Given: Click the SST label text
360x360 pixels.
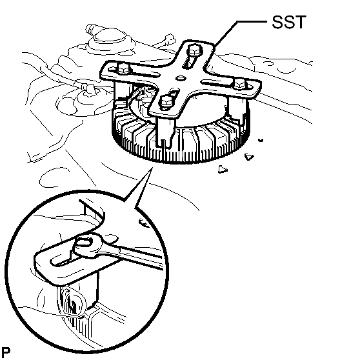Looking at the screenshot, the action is (x=289, y=22).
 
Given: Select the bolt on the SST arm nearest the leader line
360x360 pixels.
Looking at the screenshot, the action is (x=194, y=50).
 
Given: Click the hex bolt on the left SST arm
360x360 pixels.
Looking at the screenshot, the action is (x=123, y=68).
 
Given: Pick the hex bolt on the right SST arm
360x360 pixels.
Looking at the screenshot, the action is (x=240, y=83).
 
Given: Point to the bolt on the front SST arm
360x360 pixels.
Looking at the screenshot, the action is (x=166, y=102).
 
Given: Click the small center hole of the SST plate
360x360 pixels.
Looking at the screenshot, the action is (x=181, y=78).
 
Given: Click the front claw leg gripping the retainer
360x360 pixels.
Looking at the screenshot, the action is (x=165, y=132).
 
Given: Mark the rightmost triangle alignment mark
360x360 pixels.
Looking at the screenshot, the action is (x=249, y=157).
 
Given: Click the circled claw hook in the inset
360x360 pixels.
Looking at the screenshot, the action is (x=73, y=301).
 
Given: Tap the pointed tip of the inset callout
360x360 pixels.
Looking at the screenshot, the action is (x=152, y=168).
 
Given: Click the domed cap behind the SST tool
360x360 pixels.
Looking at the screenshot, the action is (x=110, y=38).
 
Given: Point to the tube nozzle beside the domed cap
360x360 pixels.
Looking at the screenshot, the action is (x=92, y=28).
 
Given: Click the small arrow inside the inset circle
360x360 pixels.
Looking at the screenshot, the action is (x=144, y=223).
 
